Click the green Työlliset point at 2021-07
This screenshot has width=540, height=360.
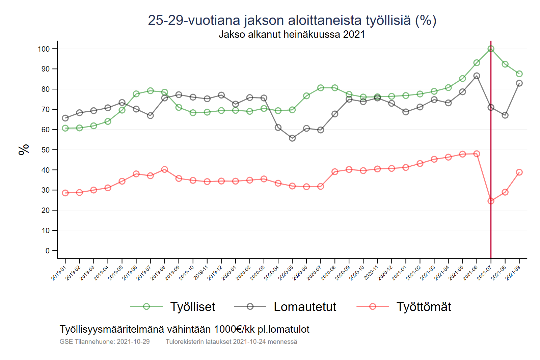pos(491,49)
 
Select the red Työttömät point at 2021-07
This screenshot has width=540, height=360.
pos(491,201)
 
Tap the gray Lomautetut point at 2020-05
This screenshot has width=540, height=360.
pos(292,138)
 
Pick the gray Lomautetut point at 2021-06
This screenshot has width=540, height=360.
pos(477,76)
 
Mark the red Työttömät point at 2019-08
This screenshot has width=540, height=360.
pos(165,169)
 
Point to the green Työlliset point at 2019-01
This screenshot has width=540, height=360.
pos(65,128)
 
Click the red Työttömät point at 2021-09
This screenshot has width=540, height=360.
pos(519,172)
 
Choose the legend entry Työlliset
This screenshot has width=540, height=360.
pos(192,307)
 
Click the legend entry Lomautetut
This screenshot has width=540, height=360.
pos(305,307)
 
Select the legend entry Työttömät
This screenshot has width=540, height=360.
pos(424,307)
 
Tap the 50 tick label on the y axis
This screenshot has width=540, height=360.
pos(46,150)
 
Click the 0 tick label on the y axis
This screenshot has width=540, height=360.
pos(48,251)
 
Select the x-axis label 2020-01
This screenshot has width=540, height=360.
pos(229,273)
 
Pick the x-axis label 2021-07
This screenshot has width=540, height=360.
pos(484,273)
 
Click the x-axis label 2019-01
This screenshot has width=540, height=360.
pos(58,273)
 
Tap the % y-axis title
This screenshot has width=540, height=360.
pos(24,149)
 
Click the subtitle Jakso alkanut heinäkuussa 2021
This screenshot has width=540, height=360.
pos(292,34)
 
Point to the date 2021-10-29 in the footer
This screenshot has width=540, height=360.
pos(133,341)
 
